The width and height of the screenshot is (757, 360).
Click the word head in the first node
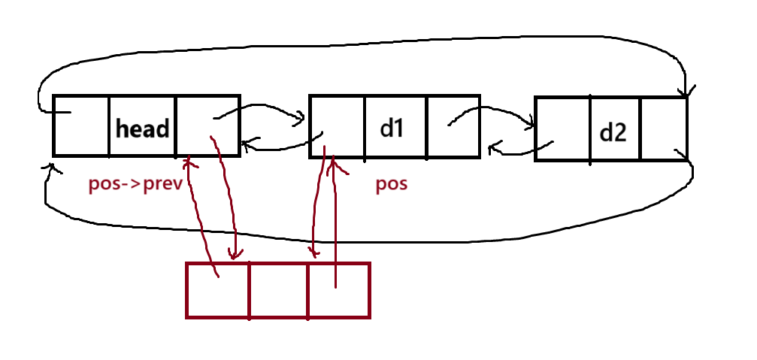tap(142, 129)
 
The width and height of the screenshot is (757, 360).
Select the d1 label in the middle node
tap(392, 129)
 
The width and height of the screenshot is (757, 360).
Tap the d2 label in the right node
tap(613, 133)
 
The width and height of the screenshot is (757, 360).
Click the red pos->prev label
tap(136, 183)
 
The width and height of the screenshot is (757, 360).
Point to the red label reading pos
tap(391, 183)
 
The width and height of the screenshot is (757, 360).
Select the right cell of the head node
tap(207, 126)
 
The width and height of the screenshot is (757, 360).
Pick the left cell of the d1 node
tap(336, 126)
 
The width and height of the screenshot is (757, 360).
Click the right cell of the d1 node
tap(453, 126)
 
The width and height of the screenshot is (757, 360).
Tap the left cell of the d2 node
tap(562, 129)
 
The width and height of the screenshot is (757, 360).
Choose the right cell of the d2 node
tap(664, 129)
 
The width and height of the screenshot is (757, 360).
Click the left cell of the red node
tap(217, 290)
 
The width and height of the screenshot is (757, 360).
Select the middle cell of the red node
tap(278, 290)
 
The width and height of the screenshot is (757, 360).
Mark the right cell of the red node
tap(339, 290)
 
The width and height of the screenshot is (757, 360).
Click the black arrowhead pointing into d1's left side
tap(301, 117)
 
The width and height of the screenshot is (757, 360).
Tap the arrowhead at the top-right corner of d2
tap(686, 92)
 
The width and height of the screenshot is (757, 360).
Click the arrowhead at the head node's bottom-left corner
tap(51, 168)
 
